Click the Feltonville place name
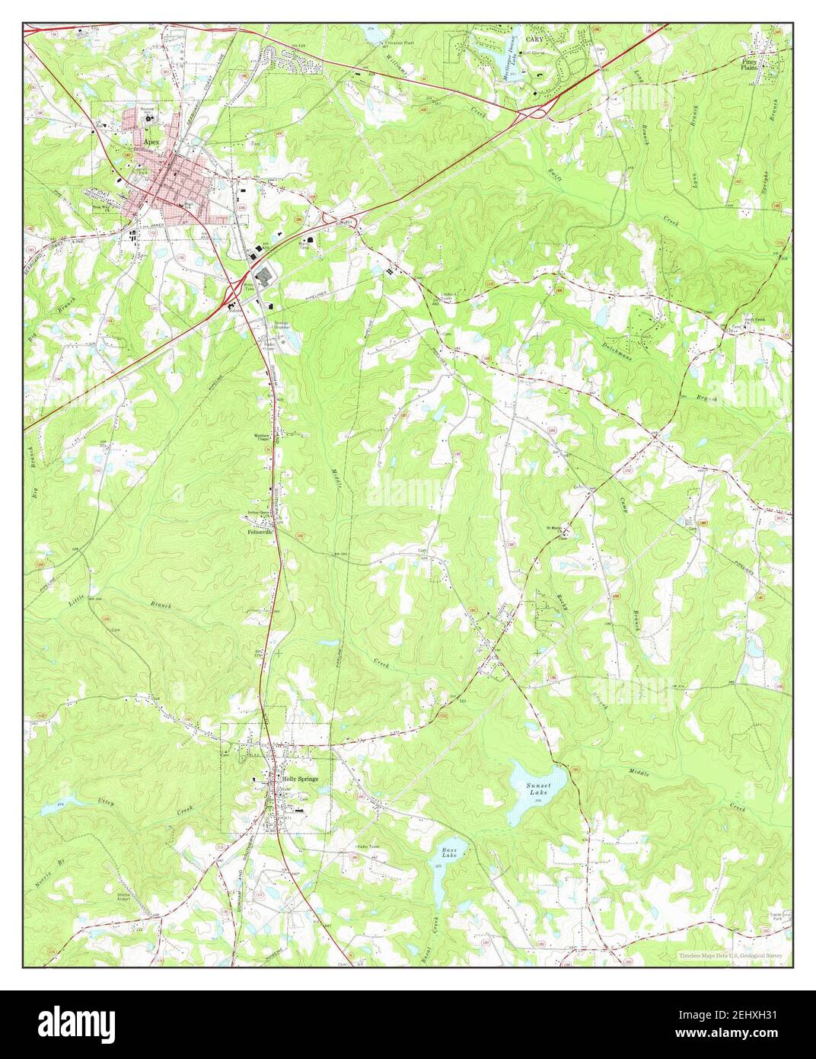coord(259,533)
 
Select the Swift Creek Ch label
coord(752,321)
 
